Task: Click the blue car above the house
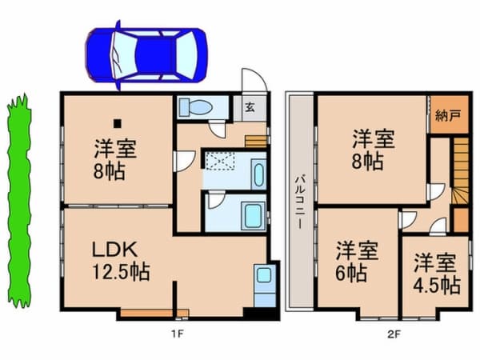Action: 146,55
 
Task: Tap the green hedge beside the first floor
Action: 19,201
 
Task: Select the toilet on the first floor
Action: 195,107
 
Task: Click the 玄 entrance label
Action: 250,107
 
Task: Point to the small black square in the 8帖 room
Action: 118,124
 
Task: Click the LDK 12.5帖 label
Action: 122,260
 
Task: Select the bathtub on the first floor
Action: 253,215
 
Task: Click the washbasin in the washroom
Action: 258,173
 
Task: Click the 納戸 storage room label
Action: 448,116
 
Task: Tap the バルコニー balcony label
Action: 300,202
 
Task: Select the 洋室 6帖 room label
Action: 356,261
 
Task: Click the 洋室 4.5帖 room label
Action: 437,274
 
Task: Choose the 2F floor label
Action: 394,334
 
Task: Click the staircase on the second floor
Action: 461,171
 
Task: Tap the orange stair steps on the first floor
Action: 256,142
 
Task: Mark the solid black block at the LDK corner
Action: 261,313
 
